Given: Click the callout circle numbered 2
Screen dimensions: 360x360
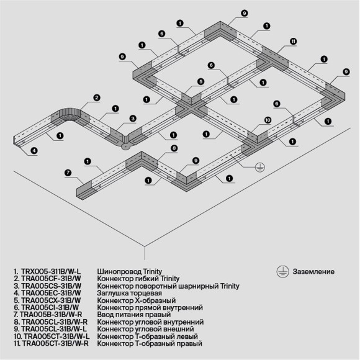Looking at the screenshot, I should tap(96, 97).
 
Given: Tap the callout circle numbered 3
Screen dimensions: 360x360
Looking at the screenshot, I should tap(132, 119).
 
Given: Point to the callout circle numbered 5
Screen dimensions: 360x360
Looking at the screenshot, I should tap(200, 81).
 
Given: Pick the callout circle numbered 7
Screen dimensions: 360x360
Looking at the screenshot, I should tap(68, 172).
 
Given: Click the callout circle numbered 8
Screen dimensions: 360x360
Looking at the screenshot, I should tap(174, 148).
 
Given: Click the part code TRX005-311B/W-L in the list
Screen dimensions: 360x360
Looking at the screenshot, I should tap(50, 272).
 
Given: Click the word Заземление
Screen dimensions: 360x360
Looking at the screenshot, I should tap(312, 272).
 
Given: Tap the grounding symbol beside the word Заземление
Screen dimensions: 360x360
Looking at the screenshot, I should tap(281, 271).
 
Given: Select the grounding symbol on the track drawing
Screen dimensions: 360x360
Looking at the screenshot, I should tap(261, 166).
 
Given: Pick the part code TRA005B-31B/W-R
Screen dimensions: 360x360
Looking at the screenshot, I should tap(53, 315).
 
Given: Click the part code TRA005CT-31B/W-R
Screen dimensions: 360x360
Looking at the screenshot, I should tap(55, 343).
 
